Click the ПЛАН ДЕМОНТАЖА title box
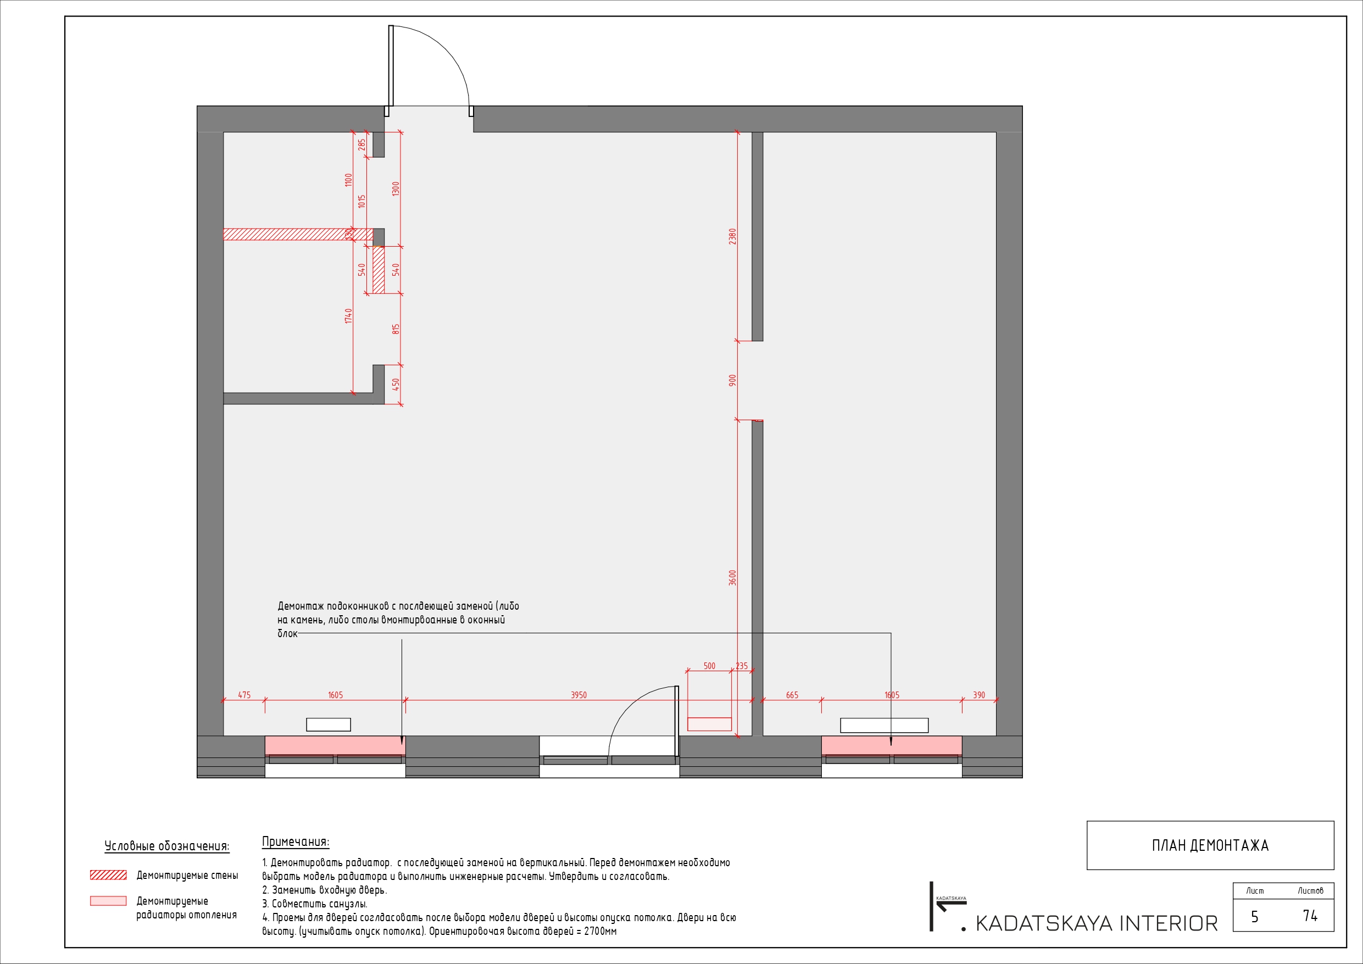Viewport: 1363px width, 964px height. tap(1210, 845)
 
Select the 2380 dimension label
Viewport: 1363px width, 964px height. tap(732, 236)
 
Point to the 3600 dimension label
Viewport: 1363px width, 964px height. tap(732, 577)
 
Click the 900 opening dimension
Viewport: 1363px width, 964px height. tap(732, 380)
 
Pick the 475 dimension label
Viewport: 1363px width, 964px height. tap(244, 694)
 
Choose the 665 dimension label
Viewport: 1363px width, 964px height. tap(792, 694)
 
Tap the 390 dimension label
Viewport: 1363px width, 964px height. tap(979, 694)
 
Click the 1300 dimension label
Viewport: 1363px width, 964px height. tap(396, 189)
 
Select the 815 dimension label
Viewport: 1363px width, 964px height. tap(396, 328)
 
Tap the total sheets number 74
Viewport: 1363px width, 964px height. tap(1310, 916)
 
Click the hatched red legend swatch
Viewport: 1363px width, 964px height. tap(108, 875)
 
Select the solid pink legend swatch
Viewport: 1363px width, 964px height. tap(108, 901)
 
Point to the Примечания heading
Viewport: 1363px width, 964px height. tap(296, 842)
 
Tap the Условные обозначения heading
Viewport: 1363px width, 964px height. tap(167, 846)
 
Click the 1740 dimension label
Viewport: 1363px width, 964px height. tap(348, 316)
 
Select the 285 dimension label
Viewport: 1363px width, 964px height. tap(361, 144)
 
